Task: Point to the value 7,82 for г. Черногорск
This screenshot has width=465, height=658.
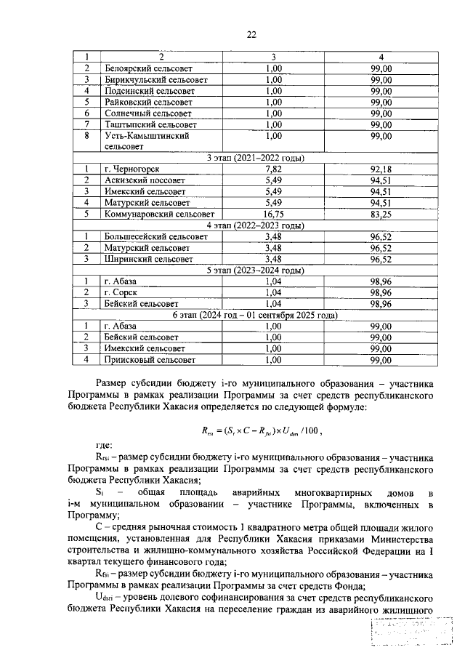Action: pos(274,169)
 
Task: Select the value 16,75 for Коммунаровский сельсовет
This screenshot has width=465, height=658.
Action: pos(274,214)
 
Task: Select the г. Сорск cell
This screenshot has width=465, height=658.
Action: pos(121,292)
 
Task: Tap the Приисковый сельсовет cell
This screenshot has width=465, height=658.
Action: pos(150,359)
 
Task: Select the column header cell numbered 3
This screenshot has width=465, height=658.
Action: pos(274,57)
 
